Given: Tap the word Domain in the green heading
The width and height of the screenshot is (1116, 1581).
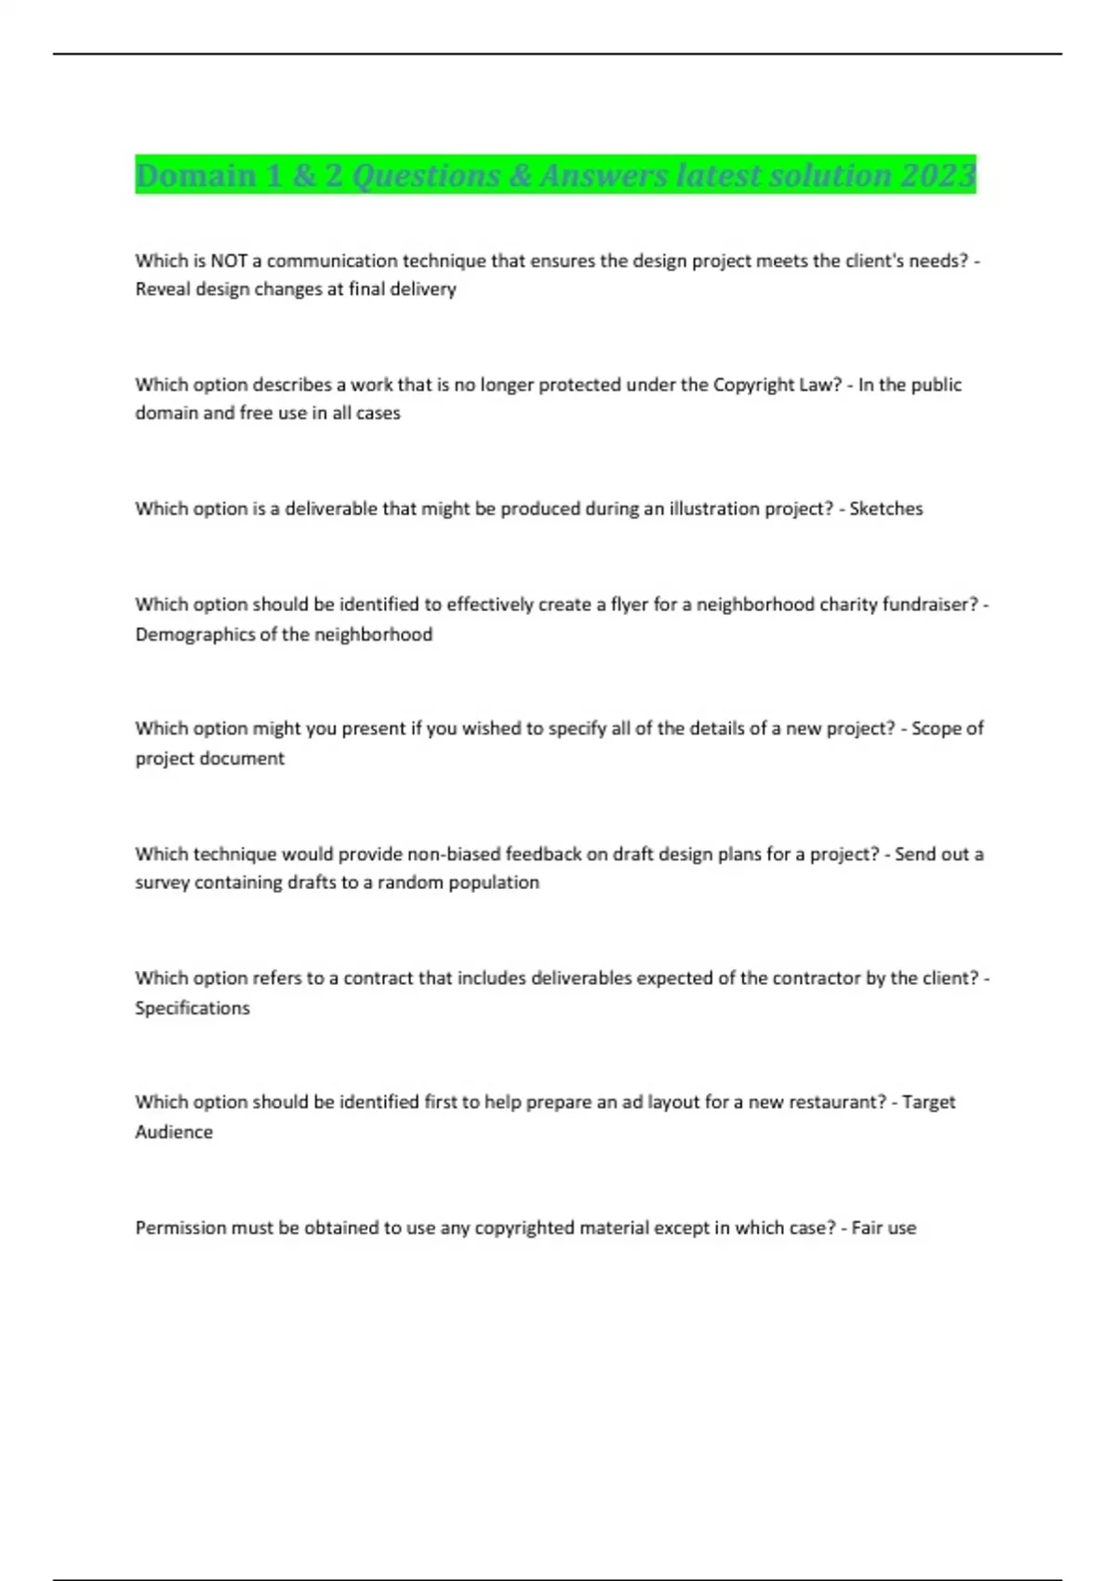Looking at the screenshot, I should [x=196, y=175].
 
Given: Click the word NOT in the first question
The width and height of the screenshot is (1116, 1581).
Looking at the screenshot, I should [x=229, y=260].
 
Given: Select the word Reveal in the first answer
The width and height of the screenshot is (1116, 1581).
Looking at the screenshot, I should [x=163, y=289].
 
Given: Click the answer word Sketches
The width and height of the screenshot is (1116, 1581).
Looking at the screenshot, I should [x=885, y=509].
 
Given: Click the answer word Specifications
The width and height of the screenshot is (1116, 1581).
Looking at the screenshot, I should [x=193, y=1008].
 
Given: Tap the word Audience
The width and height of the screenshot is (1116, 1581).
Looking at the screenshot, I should [x=174, y=1132].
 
